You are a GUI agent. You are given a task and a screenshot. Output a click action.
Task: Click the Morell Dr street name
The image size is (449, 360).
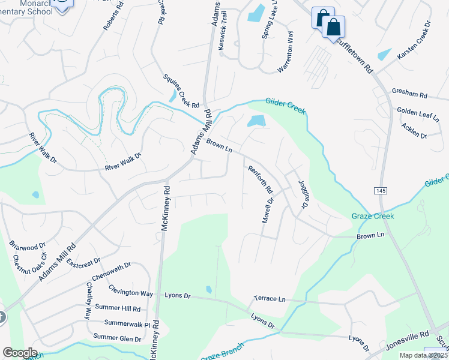(x=267, y=211)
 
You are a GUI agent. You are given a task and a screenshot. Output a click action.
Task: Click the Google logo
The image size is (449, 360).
(x=20, y=353)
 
